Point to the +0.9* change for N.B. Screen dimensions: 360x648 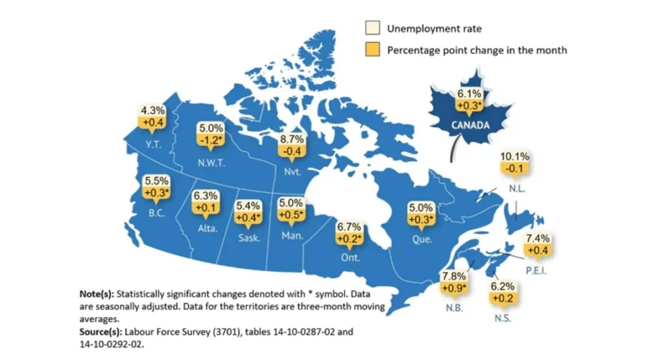(x=454, y=288)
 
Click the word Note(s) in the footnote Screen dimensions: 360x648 (x=96, y=294)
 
